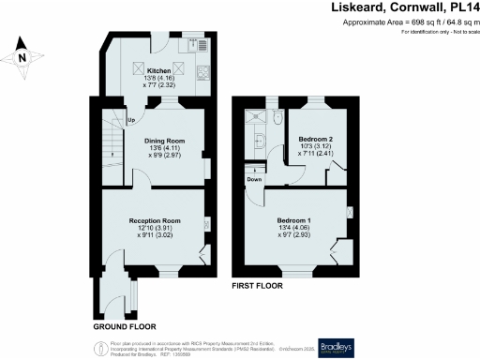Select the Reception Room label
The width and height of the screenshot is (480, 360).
(155, 221)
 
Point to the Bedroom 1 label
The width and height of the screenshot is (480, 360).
(295, 220)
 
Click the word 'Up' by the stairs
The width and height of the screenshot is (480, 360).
(130, 120)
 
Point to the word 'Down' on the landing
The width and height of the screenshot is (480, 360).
(254, 178)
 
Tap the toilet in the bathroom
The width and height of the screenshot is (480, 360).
(279, 117)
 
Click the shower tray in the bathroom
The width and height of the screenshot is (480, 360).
(252, 117)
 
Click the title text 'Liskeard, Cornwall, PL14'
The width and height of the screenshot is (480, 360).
(404, 7)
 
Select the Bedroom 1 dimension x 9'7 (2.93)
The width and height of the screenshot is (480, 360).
(295, 235)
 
